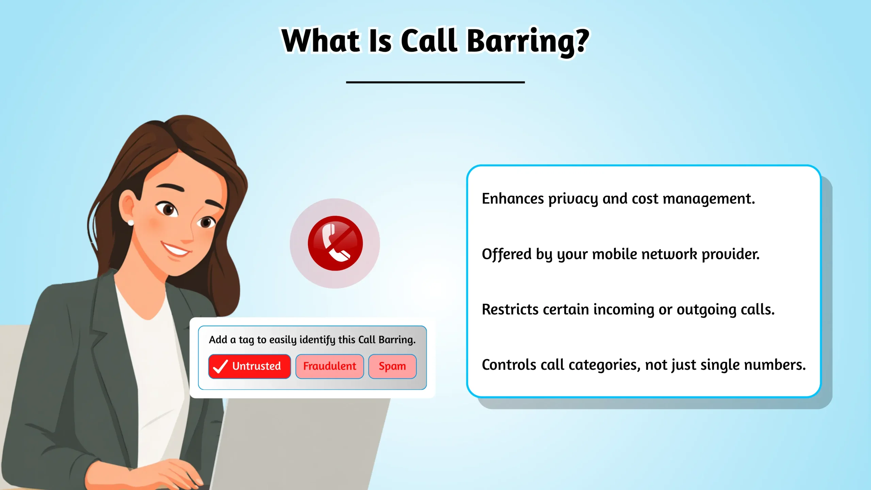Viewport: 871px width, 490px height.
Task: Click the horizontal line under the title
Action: (435, 82)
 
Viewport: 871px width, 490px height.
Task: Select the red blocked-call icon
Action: (335, 243)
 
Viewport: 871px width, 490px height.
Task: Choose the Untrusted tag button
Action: (249, 366)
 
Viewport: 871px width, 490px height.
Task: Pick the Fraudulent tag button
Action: (329, 366)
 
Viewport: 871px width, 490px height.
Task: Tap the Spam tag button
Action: (392, 366)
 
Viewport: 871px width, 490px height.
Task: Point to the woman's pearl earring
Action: (131, 223)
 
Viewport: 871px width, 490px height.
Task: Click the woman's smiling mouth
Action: (175, 250)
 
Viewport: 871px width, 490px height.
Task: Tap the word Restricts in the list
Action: (510, 310)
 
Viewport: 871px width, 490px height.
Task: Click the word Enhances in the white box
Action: (513, 199)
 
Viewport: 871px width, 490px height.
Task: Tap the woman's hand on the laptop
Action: (170, 473)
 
